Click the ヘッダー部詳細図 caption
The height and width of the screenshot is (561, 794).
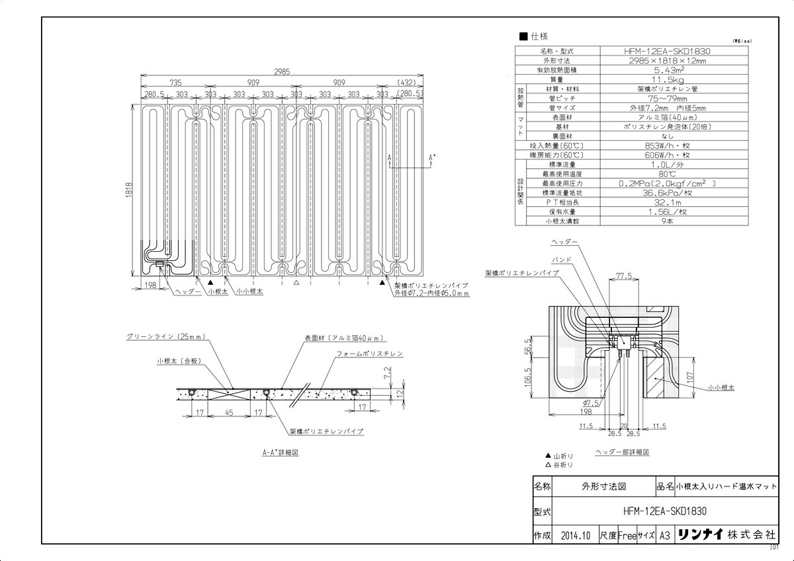622,453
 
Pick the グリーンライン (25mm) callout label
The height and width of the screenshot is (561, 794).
165,336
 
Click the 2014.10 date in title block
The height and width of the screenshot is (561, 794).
574,536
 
